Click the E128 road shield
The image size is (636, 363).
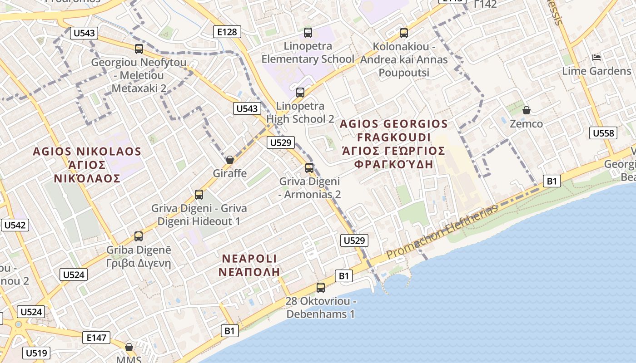point(227,32)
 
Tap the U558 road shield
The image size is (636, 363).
point(603,133)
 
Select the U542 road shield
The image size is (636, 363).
point(15,225)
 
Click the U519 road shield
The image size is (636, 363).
point(36,353)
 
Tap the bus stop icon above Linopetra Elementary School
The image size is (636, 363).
point(308,33)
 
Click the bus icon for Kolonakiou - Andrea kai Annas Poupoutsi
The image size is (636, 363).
point(403,33)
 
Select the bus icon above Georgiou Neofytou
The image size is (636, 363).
point(139,49)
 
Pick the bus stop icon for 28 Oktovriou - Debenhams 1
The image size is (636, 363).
point(321,287)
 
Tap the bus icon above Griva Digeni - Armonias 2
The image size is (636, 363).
point(309,168)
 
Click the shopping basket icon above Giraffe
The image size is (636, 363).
point(230,160)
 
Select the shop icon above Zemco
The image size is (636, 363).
point(526,110)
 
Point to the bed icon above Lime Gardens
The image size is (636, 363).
point(596,58)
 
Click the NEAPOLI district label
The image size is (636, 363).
point(249,259)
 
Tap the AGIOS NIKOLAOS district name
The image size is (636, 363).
point(87,152)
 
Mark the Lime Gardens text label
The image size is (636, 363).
point(596,71)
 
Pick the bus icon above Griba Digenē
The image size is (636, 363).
point(139,236)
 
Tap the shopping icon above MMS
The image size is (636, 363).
point(129,347)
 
